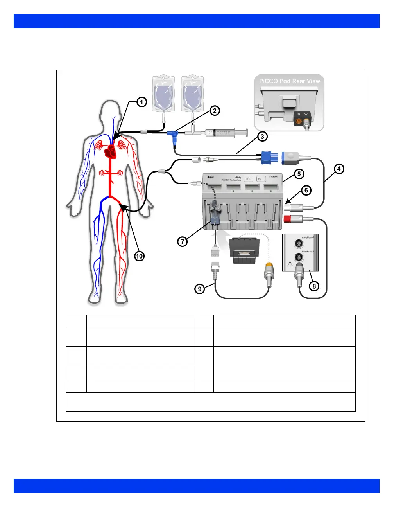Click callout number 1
(141, 102)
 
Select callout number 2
(215, 111)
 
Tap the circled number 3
(262, 137)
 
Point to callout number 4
(339, 169)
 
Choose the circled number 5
(299, 174)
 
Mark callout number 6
(306, 191)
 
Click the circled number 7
(183, 241)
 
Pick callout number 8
(314, 286)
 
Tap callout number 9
(200, 289)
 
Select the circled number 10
(139, 256)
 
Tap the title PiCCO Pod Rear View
(289, 81)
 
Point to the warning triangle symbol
(290, 264)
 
